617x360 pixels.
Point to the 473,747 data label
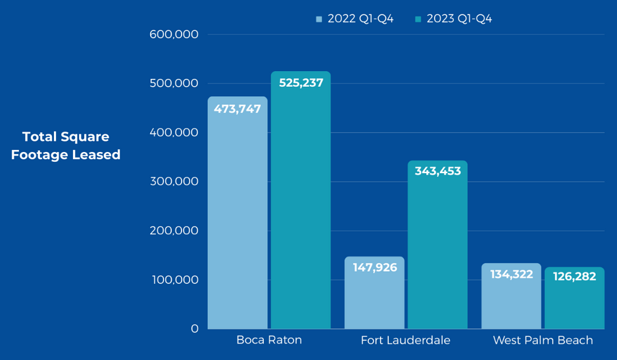(x=237, y=109)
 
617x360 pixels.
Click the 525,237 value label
(x=301, y=83)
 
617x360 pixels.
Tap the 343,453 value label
(x=437, y=171)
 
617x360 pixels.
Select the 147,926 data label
(x=375, y=268)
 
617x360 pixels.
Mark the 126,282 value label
(x=574, y=276)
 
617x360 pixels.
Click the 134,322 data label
(x=511, y=274)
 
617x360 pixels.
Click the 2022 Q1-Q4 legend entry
(x=355, y=19)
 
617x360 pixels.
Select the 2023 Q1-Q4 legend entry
(x=453, y=19)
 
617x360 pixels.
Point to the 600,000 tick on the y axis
(x=175, y=34)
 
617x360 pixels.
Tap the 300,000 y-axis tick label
(x=175, y=182)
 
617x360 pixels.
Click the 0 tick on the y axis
(x=195, y=328)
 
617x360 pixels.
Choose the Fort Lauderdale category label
(x=405, y=340)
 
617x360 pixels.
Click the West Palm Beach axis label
(x=543, y=340)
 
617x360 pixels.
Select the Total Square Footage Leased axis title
(x=66, y=145)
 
